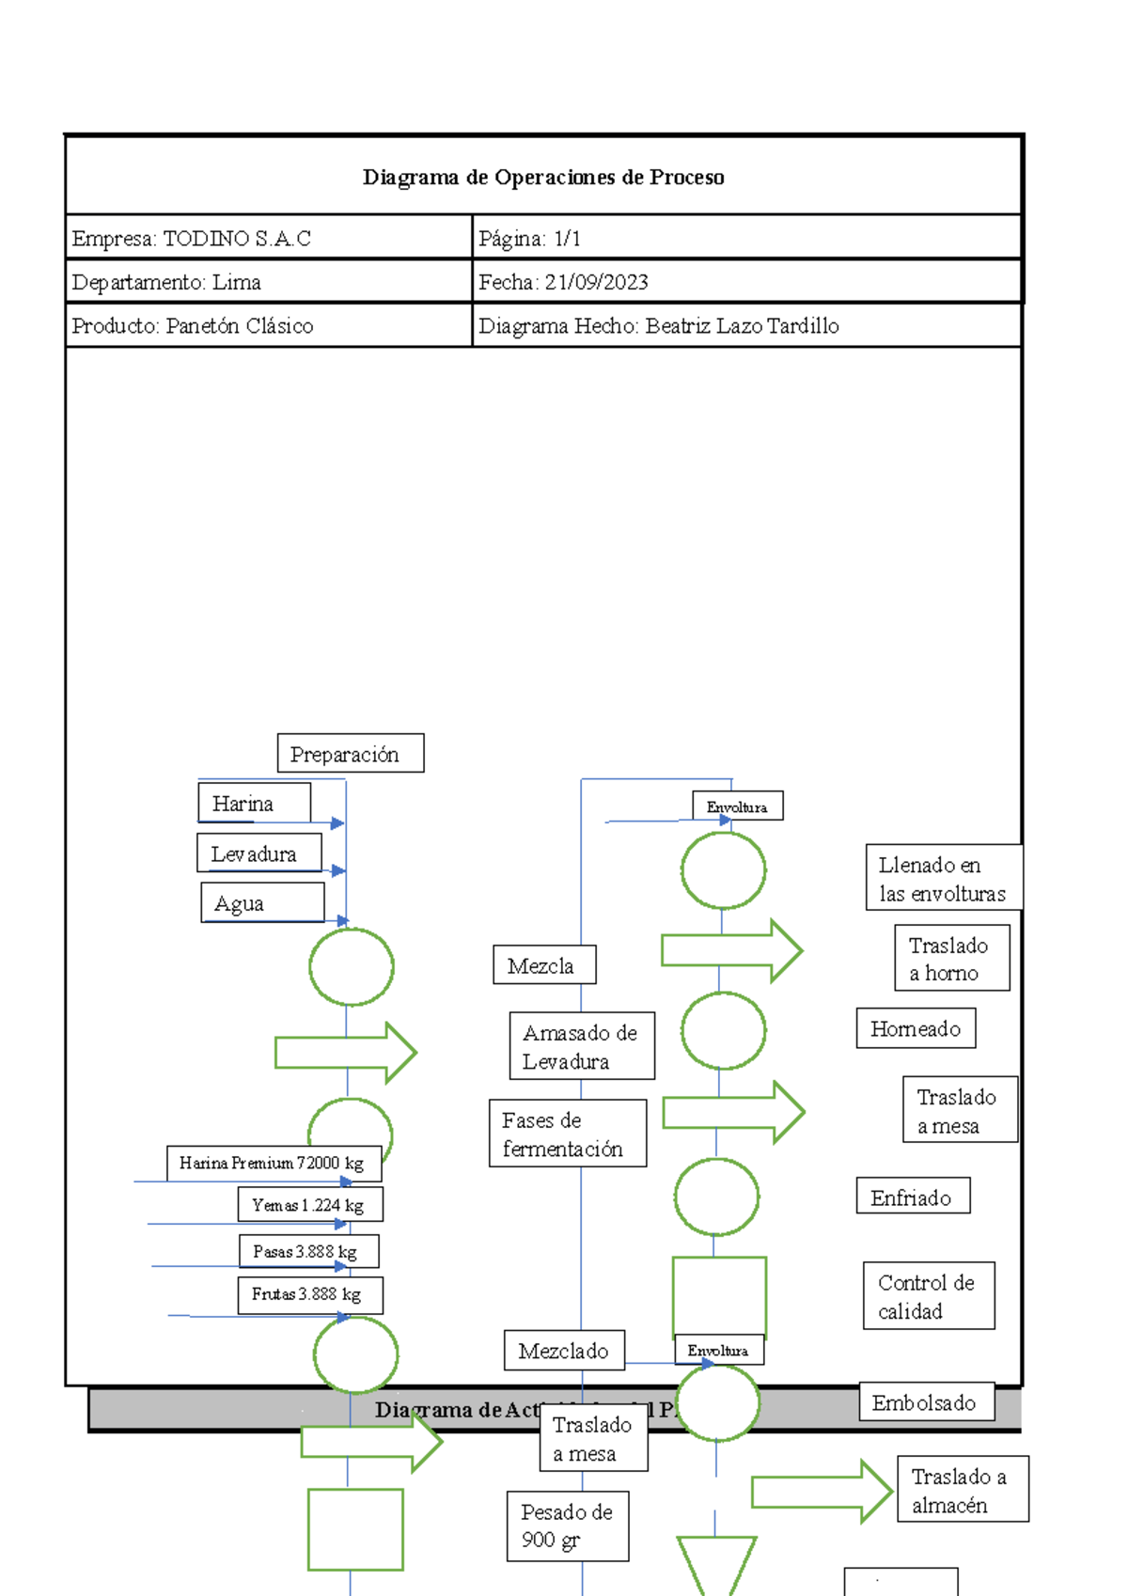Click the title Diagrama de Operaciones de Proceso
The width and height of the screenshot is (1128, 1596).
[543, 178]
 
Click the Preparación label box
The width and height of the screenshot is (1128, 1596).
[351, 754]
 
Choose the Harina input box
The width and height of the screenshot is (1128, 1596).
[254, 804]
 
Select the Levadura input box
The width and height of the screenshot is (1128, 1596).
[258, 853]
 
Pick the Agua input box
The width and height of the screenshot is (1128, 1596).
[262, 903]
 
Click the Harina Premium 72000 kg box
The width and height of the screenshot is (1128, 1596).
[274, 1164]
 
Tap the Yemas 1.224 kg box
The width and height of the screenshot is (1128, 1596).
[310, 1205]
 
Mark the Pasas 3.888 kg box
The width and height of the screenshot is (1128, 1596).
[309, 1252]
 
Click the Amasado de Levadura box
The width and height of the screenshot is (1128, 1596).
[582, 1046]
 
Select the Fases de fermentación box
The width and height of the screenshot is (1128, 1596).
[568, 1134]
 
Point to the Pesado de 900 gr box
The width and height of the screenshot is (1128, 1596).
[568, 1526]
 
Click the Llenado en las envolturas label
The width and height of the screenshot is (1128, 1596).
[943, 878]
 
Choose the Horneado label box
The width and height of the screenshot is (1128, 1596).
[916, 1028]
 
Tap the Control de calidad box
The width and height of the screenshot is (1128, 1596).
[929, 1296]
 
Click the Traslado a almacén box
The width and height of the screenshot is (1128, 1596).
[963, 1490]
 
